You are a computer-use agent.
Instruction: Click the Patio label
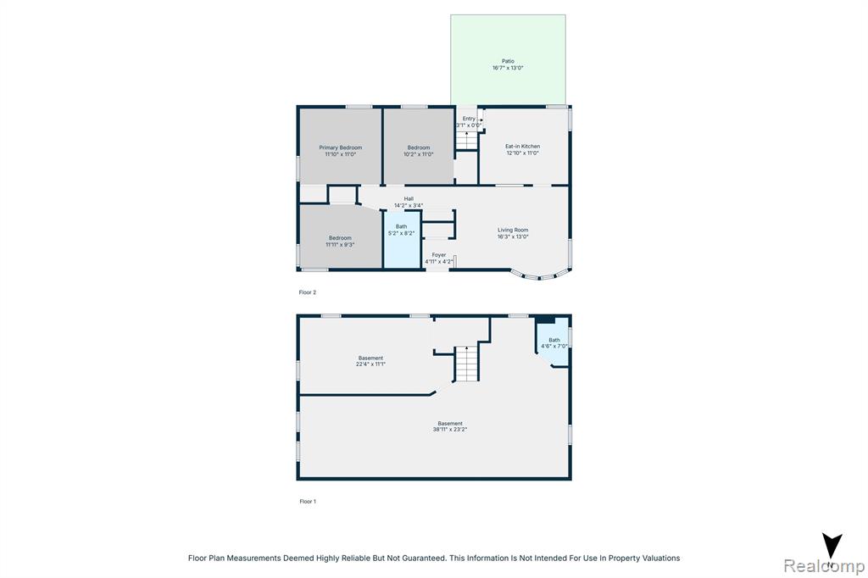pyautogui.click(x=508, y=61)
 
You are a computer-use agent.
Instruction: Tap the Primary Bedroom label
pyautogui.click(x=341, y=147)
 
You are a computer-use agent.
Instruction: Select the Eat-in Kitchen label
pyautogui.click(x=522, y=146)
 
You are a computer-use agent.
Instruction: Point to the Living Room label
pyautogui.click(x=513, y=230)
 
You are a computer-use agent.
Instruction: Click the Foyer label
pyautogui.click(x=439, y=254)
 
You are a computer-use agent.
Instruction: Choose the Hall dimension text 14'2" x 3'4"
pyautogui.click(x=409, y=205)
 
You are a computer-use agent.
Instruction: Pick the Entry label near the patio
pyautogui.click(x=469, y=119)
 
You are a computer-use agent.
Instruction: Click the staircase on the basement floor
pyautogui.click(x=466, y=364)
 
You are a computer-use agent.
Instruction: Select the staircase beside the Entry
pyautogui.click(x=467, y=141)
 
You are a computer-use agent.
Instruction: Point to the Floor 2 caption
pyautogui.click(x=307, y=292)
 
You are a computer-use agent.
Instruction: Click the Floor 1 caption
pyautogui.click(x=308, y=502)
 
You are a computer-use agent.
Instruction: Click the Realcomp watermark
pyautogui.click(x=824, y=566)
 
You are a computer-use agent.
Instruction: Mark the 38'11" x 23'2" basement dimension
pyautogui.click(x=450, y=429)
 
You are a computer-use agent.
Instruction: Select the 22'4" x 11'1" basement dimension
pyautogui.click(x=371, y=364)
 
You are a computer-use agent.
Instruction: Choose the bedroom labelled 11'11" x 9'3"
pyautogui.click(x=341, y=238)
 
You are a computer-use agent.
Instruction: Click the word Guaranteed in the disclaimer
pyautogui.click(x=425, y=558)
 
